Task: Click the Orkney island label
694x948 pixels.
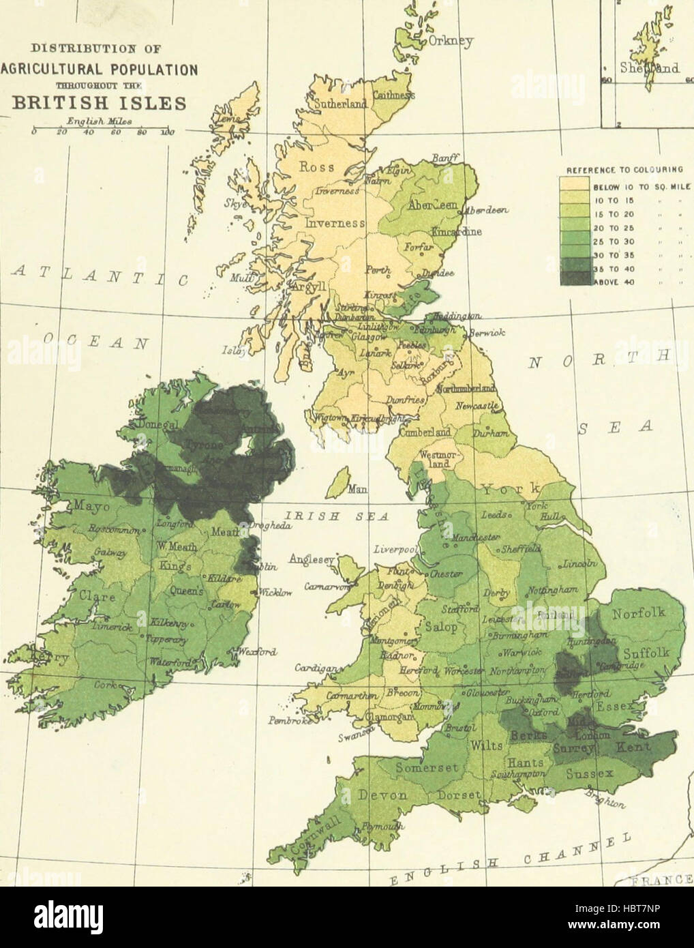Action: click(x=450, y=42)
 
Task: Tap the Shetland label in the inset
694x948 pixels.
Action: click(x=649, y=68)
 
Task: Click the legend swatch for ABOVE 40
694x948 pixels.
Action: click(x=574, y=278)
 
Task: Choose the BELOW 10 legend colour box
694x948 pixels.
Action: click(x=574, y=183)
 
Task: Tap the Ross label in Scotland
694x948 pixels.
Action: click(x=317, y=167)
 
